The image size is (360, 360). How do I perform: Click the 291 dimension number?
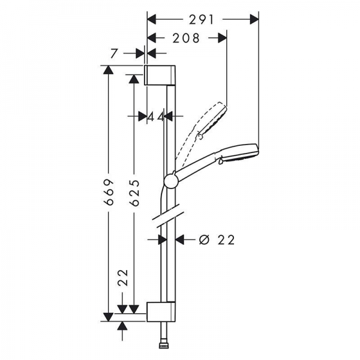click(202, 20)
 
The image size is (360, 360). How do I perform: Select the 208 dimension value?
click(186, 38)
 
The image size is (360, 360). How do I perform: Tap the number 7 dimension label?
click(114, 53)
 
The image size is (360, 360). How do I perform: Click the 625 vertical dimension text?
click(134, 193)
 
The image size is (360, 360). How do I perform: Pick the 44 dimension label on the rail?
click(156, 116)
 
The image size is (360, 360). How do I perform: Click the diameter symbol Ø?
click(205, 240)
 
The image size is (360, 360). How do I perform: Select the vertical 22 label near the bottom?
click(123, 278)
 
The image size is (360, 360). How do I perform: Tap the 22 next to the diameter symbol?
click(226, 240)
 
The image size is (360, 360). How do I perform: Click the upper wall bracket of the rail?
click(160, 75)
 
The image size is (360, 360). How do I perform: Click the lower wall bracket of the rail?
click(161, 311)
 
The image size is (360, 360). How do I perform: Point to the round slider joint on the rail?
click(170, 182)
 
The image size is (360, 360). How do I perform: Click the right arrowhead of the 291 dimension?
click(254, 20)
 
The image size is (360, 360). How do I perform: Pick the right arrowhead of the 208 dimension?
click(222, 38)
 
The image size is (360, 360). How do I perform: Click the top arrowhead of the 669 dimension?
click(109, 70)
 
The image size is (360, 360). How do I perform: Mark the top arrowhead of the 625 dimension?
click(134, 79)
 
